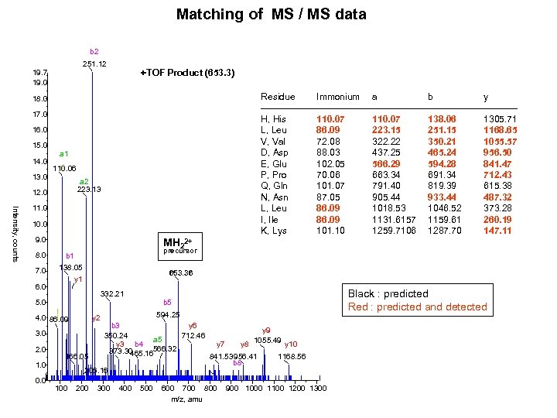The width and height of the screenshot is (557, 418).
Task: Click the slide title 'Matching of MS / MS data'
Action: [x=271, y=14]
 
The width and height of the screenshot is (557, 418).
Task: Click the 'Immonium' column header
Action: [x=337, y=97]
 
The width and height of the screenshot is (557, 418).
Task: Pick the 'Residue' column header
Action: [x=278, y=97]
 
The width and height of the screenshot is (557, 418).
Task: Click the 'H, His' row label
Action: [x=275, y=119]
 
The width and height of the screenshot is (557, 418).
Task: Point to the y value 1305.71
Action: [x=501, y=119]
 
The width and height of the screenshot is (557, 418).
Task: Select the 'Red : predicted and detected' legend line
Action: [x=418, y=307]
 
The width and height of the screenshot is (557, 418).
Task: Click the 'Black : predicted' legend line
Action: [x=388, y=294]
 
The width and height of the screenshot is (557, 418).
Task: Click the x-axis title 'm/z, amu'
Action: [x=187, y=399]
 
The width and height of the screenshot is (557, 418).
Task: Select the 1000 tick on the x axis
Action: [x=254, y=388]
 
